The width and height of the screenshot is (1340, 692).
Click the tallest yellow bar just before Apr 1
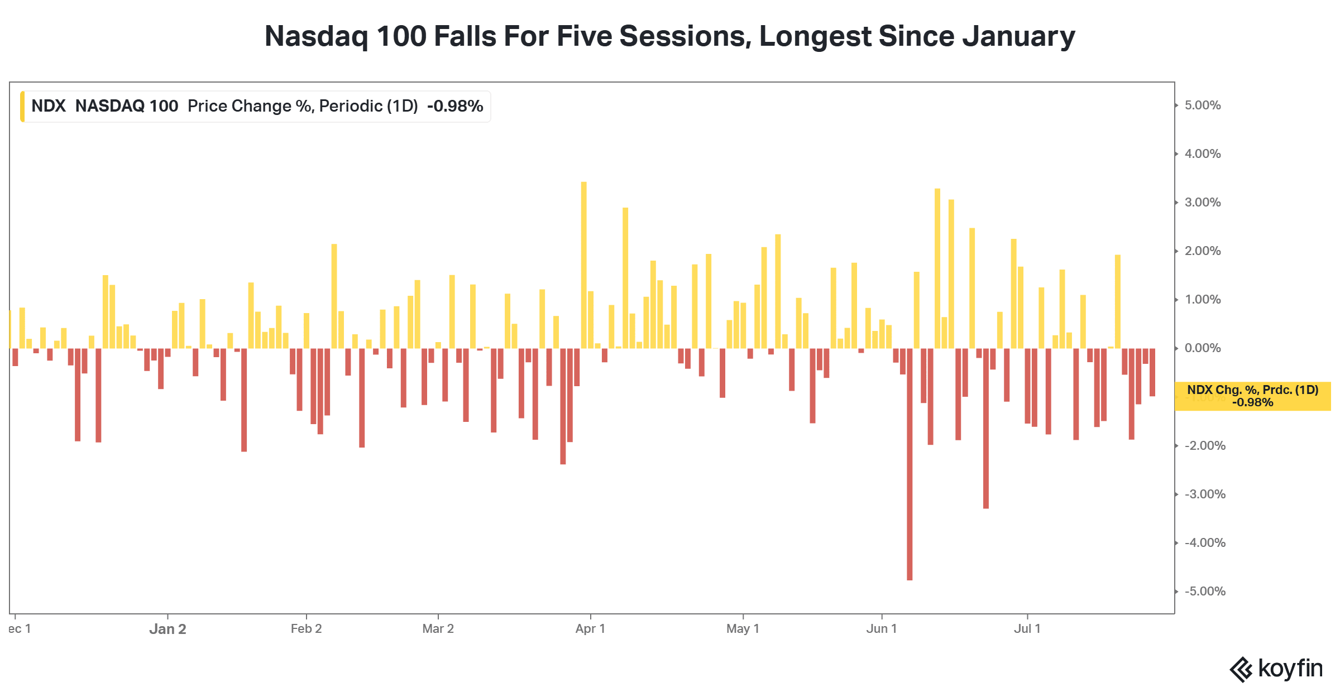click(584, 265)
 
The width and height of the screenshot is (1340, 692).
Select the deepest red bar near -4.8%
click(910, 464)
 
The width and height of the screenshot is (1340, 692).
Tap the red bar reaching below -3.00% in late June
click(986, 429)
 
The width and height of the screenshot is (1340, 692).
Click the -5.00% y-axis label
click(1205, 592)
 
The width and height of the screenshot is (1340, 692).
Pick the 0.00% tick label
click(1203, 348)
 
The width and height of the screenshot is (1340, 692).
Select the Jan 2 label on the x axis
click(167, 629)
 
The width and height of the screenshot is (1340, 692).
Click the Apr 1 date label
click(590, 629)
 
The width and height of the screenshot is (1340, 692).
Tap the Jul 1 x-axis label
click(1027, 629)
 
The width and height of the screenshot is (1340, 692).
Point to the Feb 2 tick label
click(306, 629)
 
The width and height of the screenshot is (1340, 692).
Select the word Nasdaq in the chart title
click(317, 37)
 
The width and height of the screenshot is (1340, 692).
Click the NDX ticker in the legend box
click(49, 106)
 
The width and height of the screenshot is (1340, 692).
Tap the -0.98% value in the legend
click(455, 106)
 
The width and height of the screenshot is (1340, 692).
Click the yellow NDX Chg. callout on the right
click(1252, 396)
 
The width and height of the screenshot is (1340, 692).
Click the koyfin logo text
click(1290, 669)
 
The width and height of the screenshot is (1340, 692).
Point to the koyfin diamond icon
click(1241, 670)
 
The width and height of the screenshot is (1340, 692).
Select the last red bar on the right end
click(1152, 372)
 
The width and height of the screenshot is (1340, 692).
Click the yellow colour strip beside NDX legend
click(22, 106)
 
